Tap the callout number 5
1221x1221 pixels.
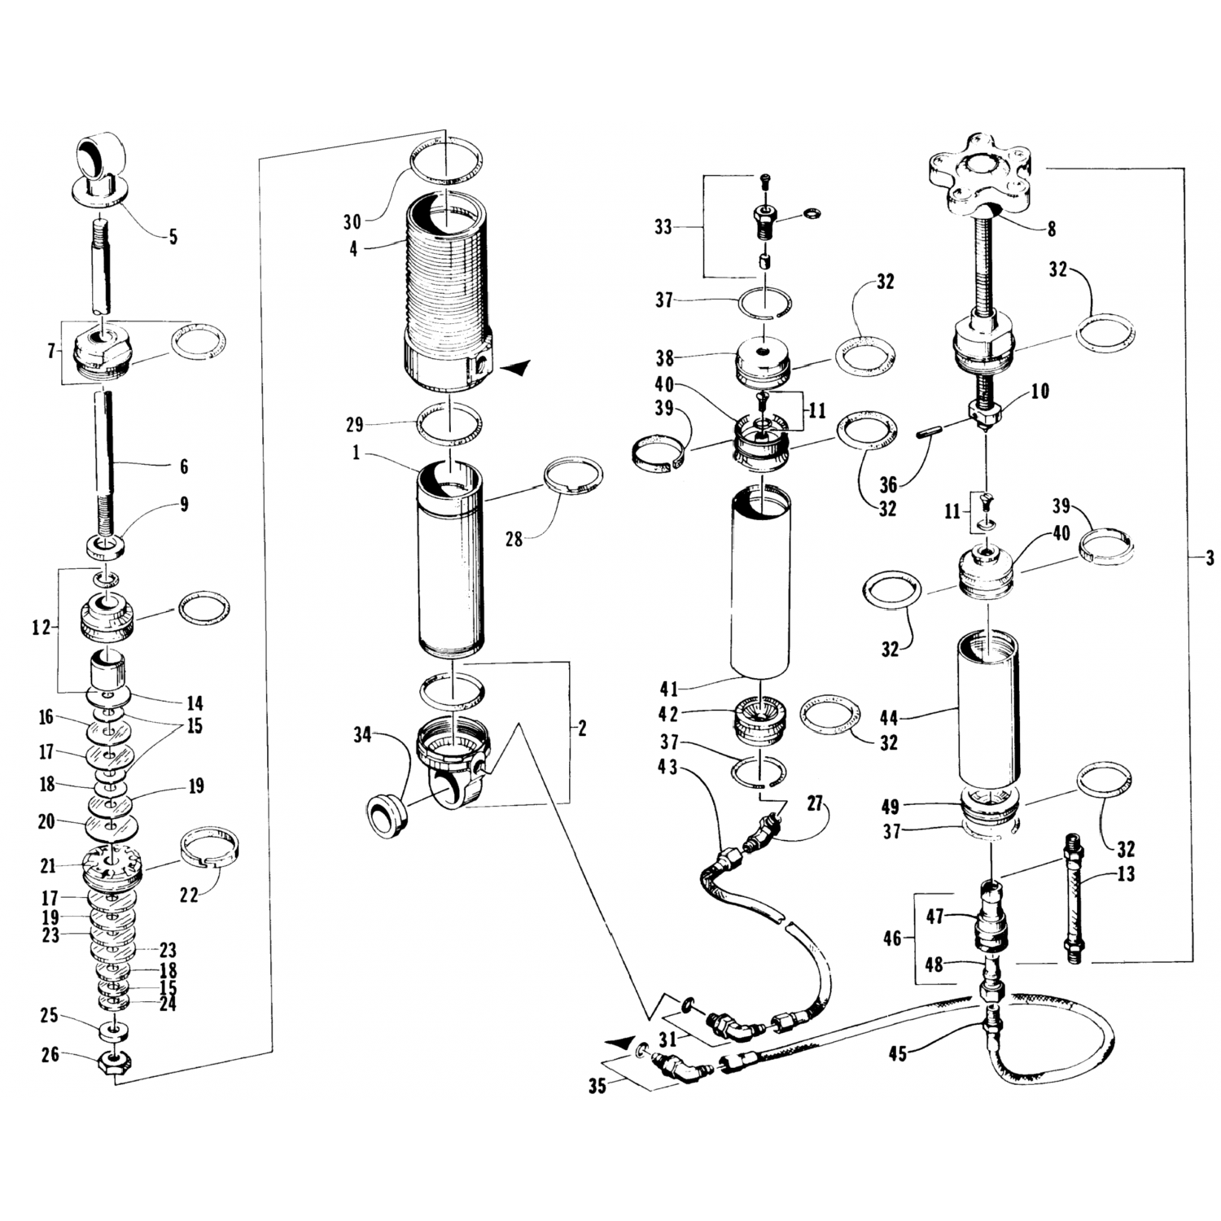pyautogui.click(x=173, y=238)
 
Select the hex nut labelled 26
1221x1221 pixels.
pyautogui.click(x=114, y=1064)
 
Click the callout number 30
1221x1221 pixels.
pyautogui.click(x=352, y=222)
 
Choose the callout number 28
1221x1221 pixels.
pyautogui.click(x=514, y=538)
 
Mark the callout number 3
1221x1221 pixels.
pyautogui.click(x=1210, y=558)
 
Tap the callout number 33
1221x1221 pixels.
pyautogui.click(x=663, y=227)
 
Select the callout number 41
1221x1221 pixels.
pyautogui.click(x=668, y=689)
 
